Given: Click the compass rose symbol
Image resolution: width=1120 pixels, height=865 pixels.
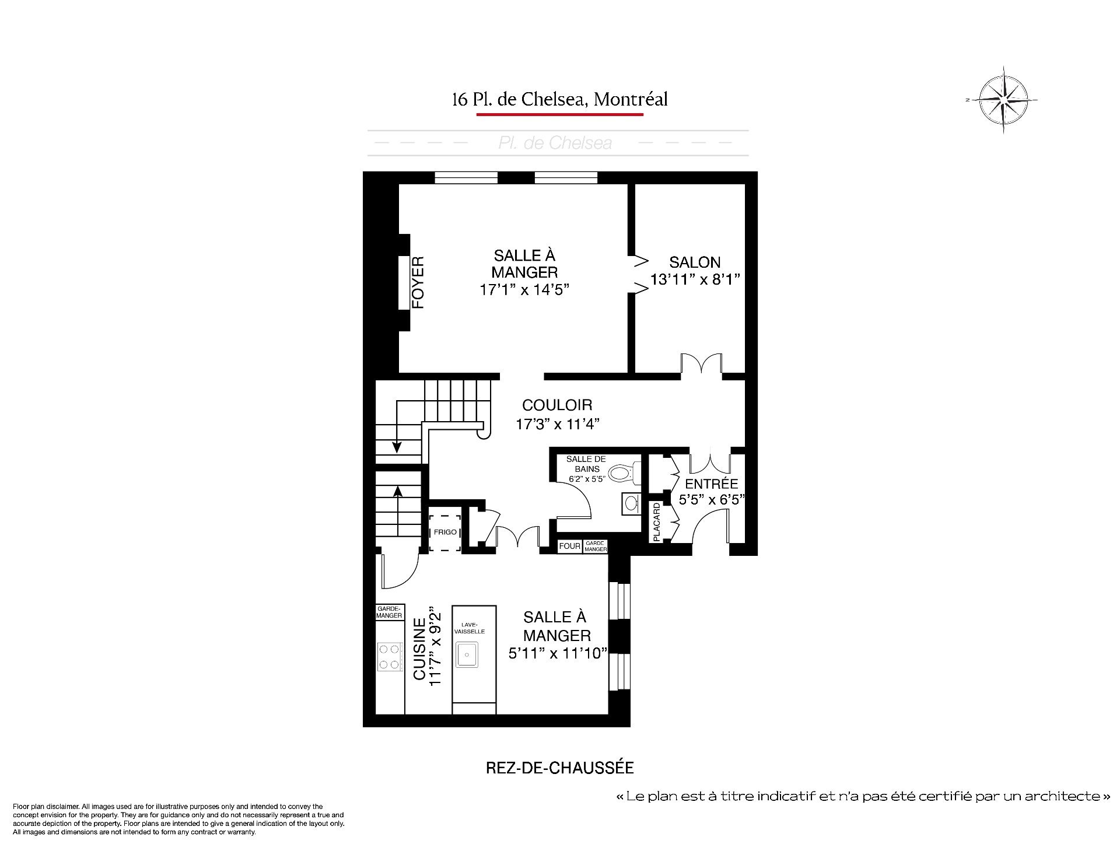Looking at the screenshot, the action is (1002, 100).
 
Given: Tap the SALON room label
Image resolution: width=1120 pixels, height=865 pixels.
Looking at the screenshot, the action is (695, 262).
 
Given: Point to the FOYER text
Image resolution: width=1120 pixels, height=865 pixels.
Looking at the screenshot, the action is (418, 282).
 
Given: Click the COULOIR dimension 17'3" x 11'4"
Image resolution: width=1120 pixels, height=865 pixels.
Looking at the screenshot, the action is (558, 424).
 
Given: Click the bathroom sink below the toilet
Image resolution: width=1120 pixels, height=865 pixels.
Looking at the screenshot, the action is (631, 503).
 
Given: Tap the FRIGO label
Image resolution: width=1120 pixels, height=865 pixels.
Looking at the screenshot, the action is (445, 532).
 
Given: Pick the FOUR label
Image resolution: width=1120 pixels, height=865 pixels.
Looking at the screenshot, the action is (569, 546).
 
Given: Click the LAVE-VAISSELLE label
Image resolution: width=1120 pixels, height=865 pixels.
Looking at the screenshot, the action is (473, 628).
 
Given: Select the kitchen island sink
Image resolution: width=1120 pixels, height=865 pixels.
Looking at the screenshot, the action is (467, 654).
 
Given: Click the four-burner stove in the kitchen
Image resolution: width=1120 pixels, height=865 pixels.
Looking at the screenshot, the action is (390, 656).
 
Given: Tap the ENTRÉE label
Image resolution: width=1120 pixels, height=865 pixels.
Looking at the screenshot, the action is (711, 484).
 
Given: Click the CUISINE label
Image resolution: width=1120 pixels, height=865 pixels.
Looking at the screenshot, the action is (419, 649).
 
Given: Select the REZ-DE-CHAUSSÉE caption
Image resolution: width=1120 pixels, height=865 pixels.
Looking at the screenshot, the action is (559, 768).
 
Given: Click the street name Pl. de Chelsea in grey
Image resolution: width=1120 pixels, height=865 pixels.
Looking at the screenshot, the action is (555, 143).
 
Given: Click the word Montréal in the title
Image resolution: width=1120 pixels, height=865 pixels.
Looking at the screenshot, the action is (630, 99).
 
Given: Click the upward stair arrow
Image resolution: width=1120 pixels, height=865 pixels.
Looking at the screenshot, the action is (398, 511).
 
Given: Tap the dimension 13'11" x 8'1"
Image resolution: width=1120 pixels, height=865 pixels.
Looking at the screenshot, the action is (695, 279).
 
